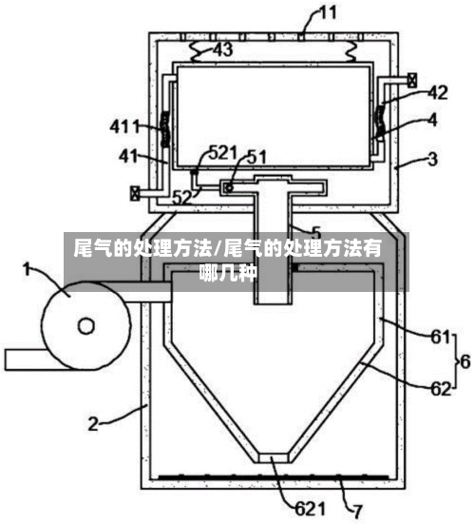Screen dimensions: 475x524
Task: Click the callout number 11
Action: click(328, 14)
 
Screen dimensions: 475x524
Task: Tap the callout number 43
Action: click(223, 50)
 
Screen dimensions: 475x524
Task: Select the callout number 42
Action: click(438, 92)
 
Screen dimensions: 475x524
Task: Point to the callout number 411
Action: click(124, 127)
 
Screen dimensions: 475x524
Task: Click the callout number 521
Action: click(223, 153)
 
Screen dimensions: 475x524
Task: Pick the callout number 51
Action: click(256, 157)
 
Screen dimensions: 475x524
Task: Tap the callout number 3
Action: click(432, 160)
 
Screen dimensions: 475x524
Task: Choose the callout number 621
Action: click(310, 509)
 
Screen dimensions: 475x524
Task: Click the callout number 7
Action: click(357, 512)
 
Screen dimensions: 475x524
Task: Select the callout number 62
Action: click(441, 389)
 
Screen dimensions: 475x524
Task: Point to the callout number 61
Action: click(441, 337)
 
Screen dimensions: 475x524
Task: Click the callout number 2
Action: click(93, 424)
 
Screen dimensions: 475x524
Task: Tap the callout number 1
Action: click(28, 269)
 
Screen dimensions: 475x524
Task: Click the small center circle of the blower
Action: click(86, 326)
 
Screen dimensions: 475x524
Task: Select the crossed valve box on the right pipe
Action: click(412, 81)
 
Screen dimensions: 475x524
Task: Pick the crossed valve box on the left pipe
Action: click(135, 193)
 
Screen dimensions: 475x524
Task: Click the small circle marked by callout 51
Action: click(229, 187)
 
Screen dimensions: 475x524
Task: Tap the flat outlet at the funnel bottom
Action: click(274, 457)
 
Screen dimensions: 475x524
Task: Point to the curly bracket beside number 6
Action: click(455, 361)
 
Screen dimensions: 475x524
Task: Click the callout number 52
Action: click(181, 198)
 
